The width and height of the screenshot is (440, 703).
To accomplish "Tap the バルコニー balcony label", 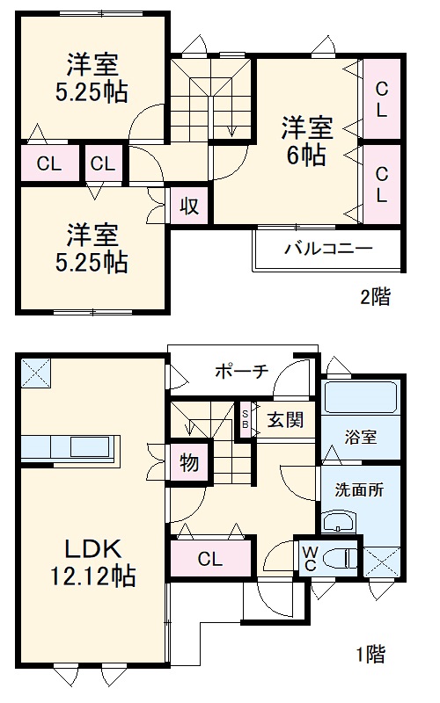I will (327, 249).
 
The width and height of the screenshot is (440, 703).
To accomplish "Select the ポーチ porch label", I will (240, 370).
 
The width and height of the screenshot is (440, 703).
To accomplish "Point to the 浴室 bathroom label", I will (360, 437).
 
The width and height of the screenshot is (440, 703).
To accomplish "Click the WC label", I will (311, 557).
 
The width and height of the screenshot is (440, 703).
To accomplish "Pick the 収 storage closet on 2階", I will (189, 206).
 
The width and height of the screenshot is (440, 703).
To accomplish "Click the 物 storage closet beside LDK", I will (189, 460).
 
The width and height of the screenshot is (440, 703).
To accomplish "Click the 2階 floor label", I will (374, 296).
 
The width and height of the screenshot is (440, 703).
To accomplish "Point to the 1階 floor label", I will (370, 654).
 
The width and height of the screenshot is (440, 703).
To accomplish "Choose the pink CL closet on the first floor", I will (209, 558).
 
